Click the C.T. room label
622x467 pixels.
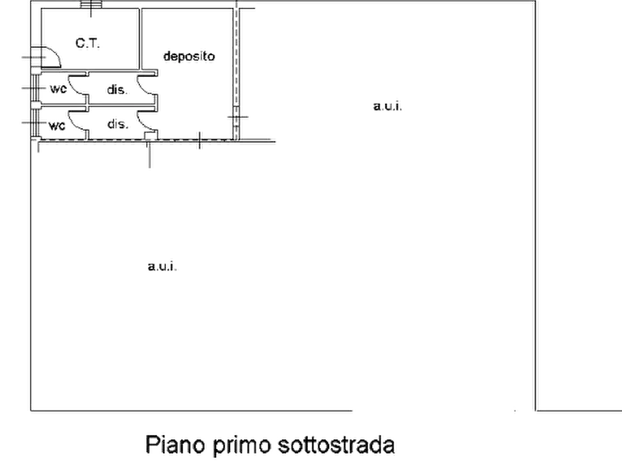pyautogui.click(x=87, y=43)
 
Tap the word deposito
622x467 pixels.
pyautogui.click(x=189, y=56)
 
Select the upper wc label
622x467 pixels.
pyautogui.click(x=58, y=89)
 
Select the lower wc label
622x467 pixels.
pyautogui.click(x=56, y=125)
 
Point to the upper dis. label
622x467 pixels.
pyautogui.click(x=118, y=90)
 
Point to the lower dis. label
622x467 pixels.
pyautogui.click(x=118, y=124)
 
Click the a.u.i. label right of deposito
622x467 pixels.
pyautogui.click(x=387, y=106)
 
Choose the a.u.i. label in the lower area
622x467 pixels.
pyautogui.click(x=162, y=266)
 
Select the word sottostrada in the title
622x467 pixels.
pyautogui.click(x=336, y=445)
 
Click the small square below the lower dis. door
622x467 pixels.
pyautogui.click(x=149, y=136)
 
